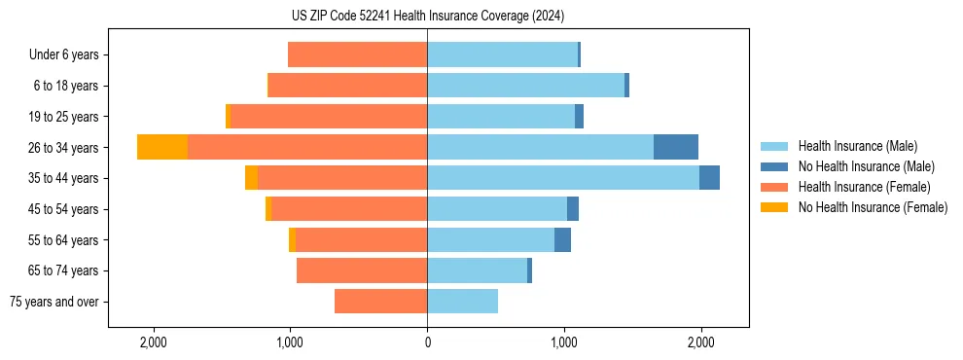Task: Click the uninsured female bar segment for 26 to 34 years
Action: coord(161,147)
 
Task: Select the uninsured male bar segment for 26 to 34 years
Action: coord(675,147)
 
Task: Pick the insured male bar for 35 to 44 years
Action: coord(562,178)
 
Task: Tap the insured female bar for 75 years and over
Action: coord(380,302)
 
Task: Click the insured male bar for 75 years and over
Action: coord(462,302)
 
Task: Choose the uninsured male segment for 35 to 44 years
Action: coord(709,178)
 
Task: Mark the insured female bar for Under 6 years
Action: coord(357,54)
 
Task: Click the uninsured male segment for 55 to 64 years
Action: coord(562,239)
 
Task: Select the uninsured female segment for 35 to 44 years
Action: coord(251,178)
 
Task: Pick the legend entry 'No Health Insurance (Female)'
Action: coord(872,207)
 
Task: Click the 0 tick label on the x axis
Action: coord(427,342)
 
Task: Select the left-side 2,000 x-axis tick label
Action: coord(154,342)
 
